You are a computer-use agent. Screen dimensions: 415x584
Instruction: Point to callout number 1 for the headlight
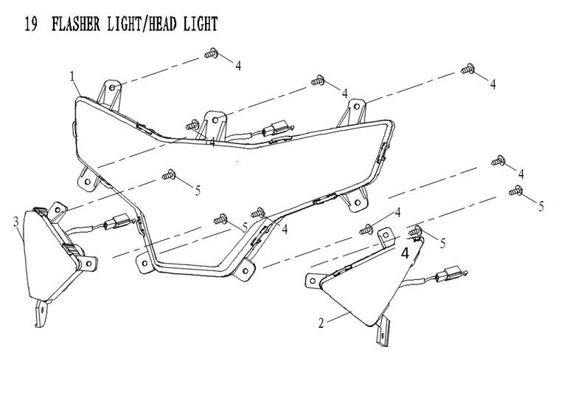[72, 76]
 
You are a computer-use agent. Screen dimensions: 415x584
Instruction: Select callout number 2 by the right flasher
[321, 323]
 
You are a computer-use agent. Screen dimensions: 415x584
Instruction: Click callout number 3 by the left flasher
[15, 221]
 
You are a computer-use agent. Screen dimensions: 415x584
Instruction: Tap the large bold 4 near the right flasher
[404, 252]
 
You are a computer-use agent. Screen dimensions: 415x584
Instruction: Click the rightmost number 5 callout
[540, 205]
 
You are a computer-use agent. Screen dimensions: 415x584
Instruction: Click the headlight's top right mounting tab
[357, 109]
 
